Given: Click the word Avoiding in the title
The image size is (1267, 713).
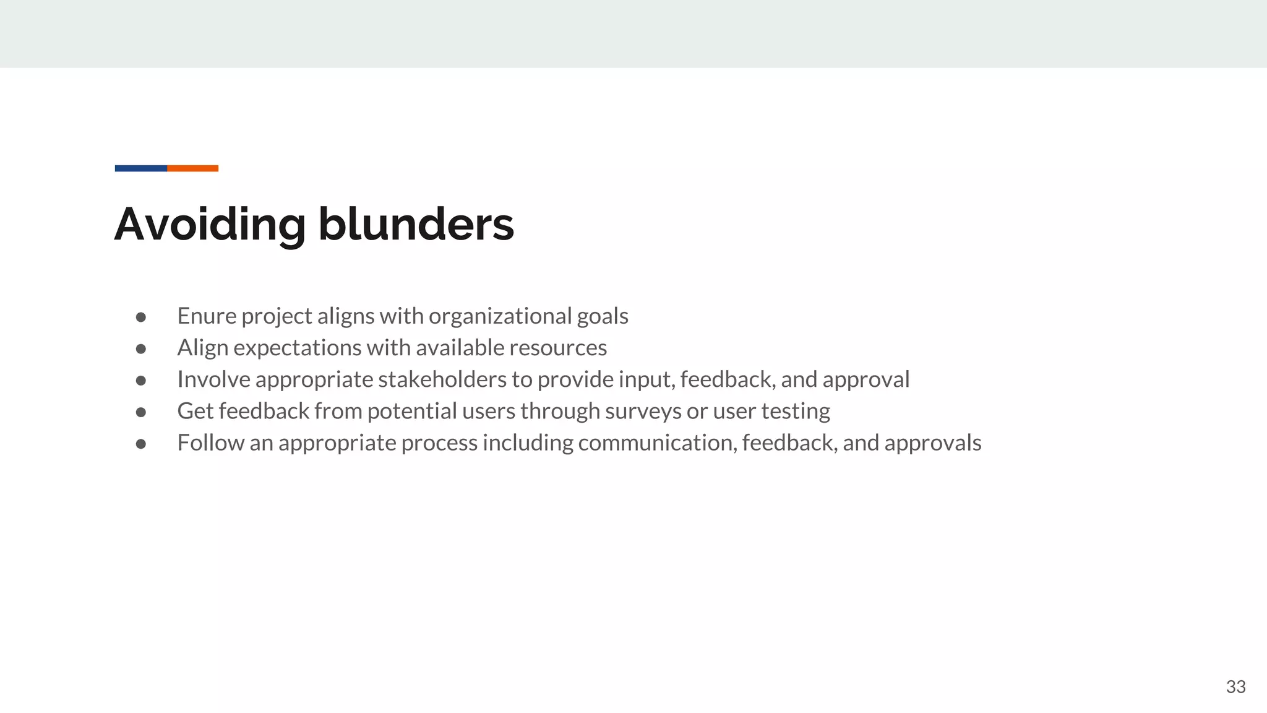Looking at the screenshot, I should pos(210,224).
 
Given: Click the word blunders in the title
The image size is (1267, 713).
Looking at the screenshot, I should pos(416,224).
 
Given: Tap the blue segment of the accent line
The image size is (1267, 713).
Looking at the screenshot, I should pos(141,168).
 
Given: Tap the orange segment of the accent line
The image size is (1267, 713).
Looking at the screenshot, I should pos(193,168).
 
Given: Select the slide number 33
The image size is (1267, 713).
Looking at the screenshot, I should pos(1235,687).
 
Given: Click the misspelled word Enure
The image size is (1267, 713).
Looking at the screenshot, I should pos(207,316).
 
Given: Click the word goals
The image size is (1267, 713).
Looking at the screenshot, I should pos(603,316).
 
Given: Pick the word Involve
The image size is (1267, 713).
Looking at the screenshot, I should pos(213,379).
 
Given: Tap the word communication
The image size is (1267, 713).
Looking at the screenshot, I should pos(658,443).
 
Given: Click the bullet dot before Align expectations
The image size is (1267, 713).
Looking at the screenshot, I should pos(141,349).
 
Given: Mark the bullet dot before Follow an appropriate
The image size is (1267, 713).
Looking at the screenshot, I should pos(141,444).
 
